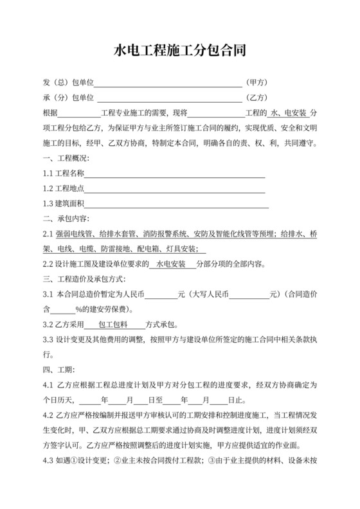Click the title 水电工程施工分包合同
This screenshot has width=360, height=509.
click(x=180, y=50)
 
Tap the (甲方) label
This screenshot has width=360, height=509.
click(x=256, y=83)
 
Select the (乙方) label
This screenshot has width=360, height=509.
click(x=256, y=98)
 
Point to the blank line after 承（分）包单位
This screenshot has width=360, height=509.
click(x=168, y=98)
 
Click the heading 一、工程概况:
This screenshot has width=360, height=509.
click(x=66, y=158)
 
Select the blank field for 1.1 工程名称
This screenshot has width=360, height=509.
click(x=175, y=174)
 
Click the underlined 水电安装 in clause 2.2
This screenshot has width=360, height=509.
click(x=170, y=264)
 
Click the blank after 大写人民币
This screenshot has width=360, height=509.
click(x=252, y=294)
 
